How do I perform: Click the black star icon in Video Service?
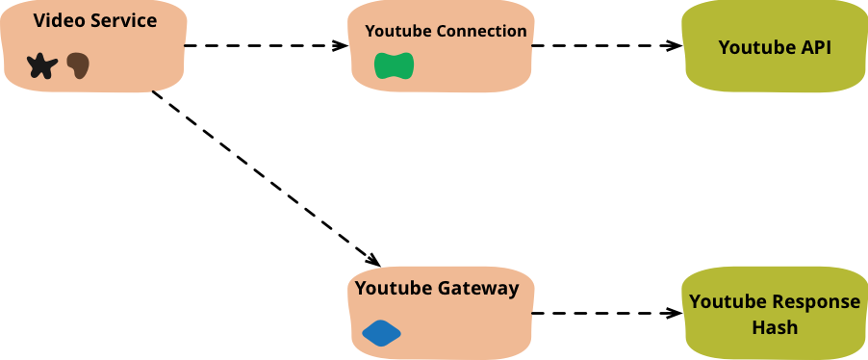tap(42, 65)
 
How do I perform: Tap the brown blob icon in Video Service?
tap(78, 65)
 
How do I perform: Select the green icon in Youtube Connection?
tap(395, 65)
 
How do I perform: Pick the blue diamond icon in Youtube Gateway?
tap(381, 333)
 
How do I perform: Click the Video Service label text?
tap(95, 20)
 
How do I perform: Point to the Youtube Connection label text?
tap(447, 31)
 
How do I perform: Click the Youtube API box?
tap(775, 46)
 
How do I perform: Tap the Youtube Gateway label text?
tap(437, 289)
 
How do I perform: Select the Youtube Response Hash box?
tap(775, 314)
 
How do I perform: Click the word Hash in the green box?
tap(775, 326)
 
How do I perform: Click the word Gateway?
tap(478, 289)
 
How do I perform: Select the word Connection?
tap(481, 31)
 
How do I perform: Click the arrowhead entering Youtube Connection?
tap(341, 45)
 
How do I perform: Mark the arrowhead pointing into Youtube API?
tap(675, 45)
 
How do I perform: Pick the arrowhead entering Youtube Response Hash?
tap(675, 314)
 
